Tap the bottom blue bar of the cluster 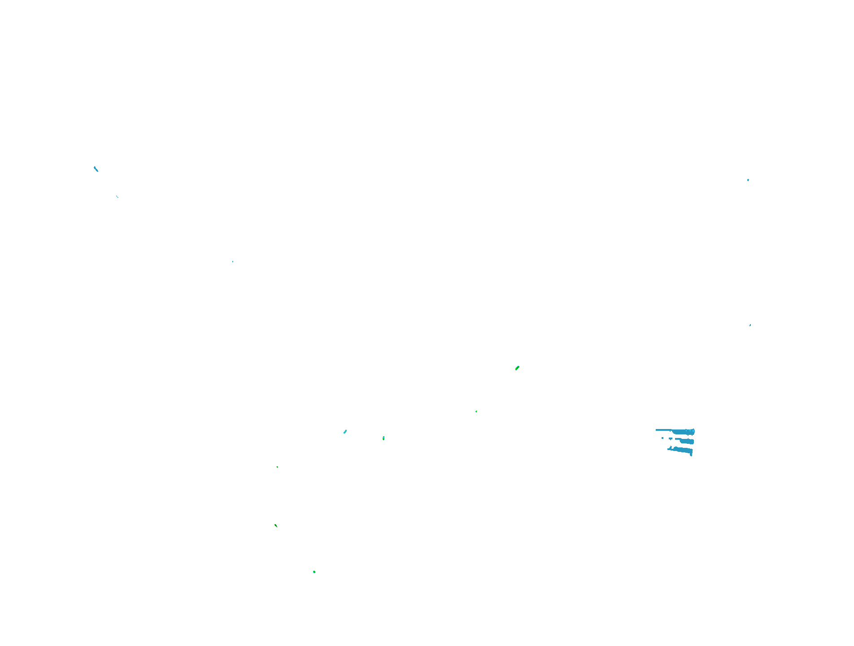click(683, 450)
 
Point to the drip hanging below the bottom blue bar click(691, 455)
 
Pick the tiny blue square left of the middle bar click(662, 438)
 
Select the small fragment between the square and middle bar click(671, 438)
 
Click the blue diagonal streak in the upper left click(96, 169)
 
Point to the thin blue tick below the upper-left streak click(118, 196)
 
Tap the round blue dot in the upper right click(748, 180)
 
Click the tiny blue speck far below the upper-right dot click(750, 325)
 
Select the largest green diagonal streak click(517, 368)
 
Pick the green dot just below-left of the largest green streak click(476, 411)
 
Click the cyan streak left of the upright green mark click(345, 432)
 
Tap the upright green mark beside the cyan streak click(383, 438)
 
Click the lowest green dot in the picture click(314, 572)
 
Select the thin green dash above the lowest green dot click(276, 525)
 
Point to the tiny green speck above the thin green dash click(277, 467)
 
